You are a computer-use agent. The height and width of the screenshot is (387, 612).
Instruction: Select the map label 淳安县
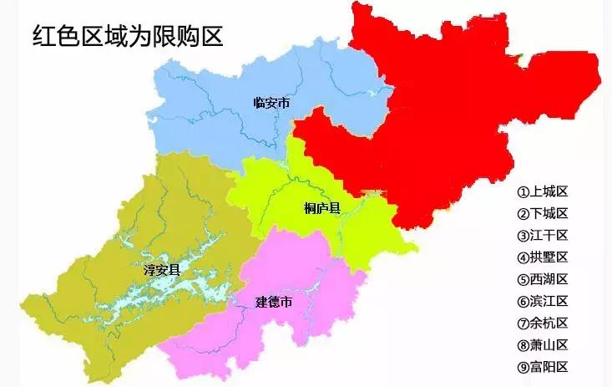tap(162, 269)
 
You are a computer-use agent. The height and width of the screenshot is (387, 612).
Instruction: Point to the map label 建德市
tap(274, 301)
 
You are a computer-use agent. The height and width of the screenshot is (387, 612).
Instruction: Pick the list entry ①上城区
tap(543, 191)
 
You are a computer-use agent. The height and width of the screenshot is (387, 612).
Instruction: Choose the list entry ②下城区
tap(543, 213)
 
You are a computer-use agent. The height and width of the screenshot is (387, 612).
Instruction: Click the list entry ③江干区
tap(543, 235)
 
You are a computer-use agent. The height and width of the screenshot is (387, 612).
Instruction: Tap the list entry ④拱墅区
tap(543, 257)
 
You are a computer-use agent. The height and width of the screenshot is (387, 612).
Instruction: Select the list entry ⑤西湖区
tap(543, 278)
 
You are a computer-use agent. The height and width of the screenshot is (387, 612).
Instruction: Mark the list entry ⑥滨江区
tap(543, 301)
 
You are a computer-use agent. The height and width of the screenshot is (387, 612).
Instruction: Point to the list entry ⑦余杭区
tap(543, 323)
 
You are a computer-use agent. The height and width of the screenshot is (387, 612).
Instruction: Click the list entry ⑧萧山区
tap(543, 344)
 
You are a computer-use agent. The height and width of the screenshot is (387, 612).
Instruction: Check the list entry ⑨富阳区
tap(543, 366)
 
